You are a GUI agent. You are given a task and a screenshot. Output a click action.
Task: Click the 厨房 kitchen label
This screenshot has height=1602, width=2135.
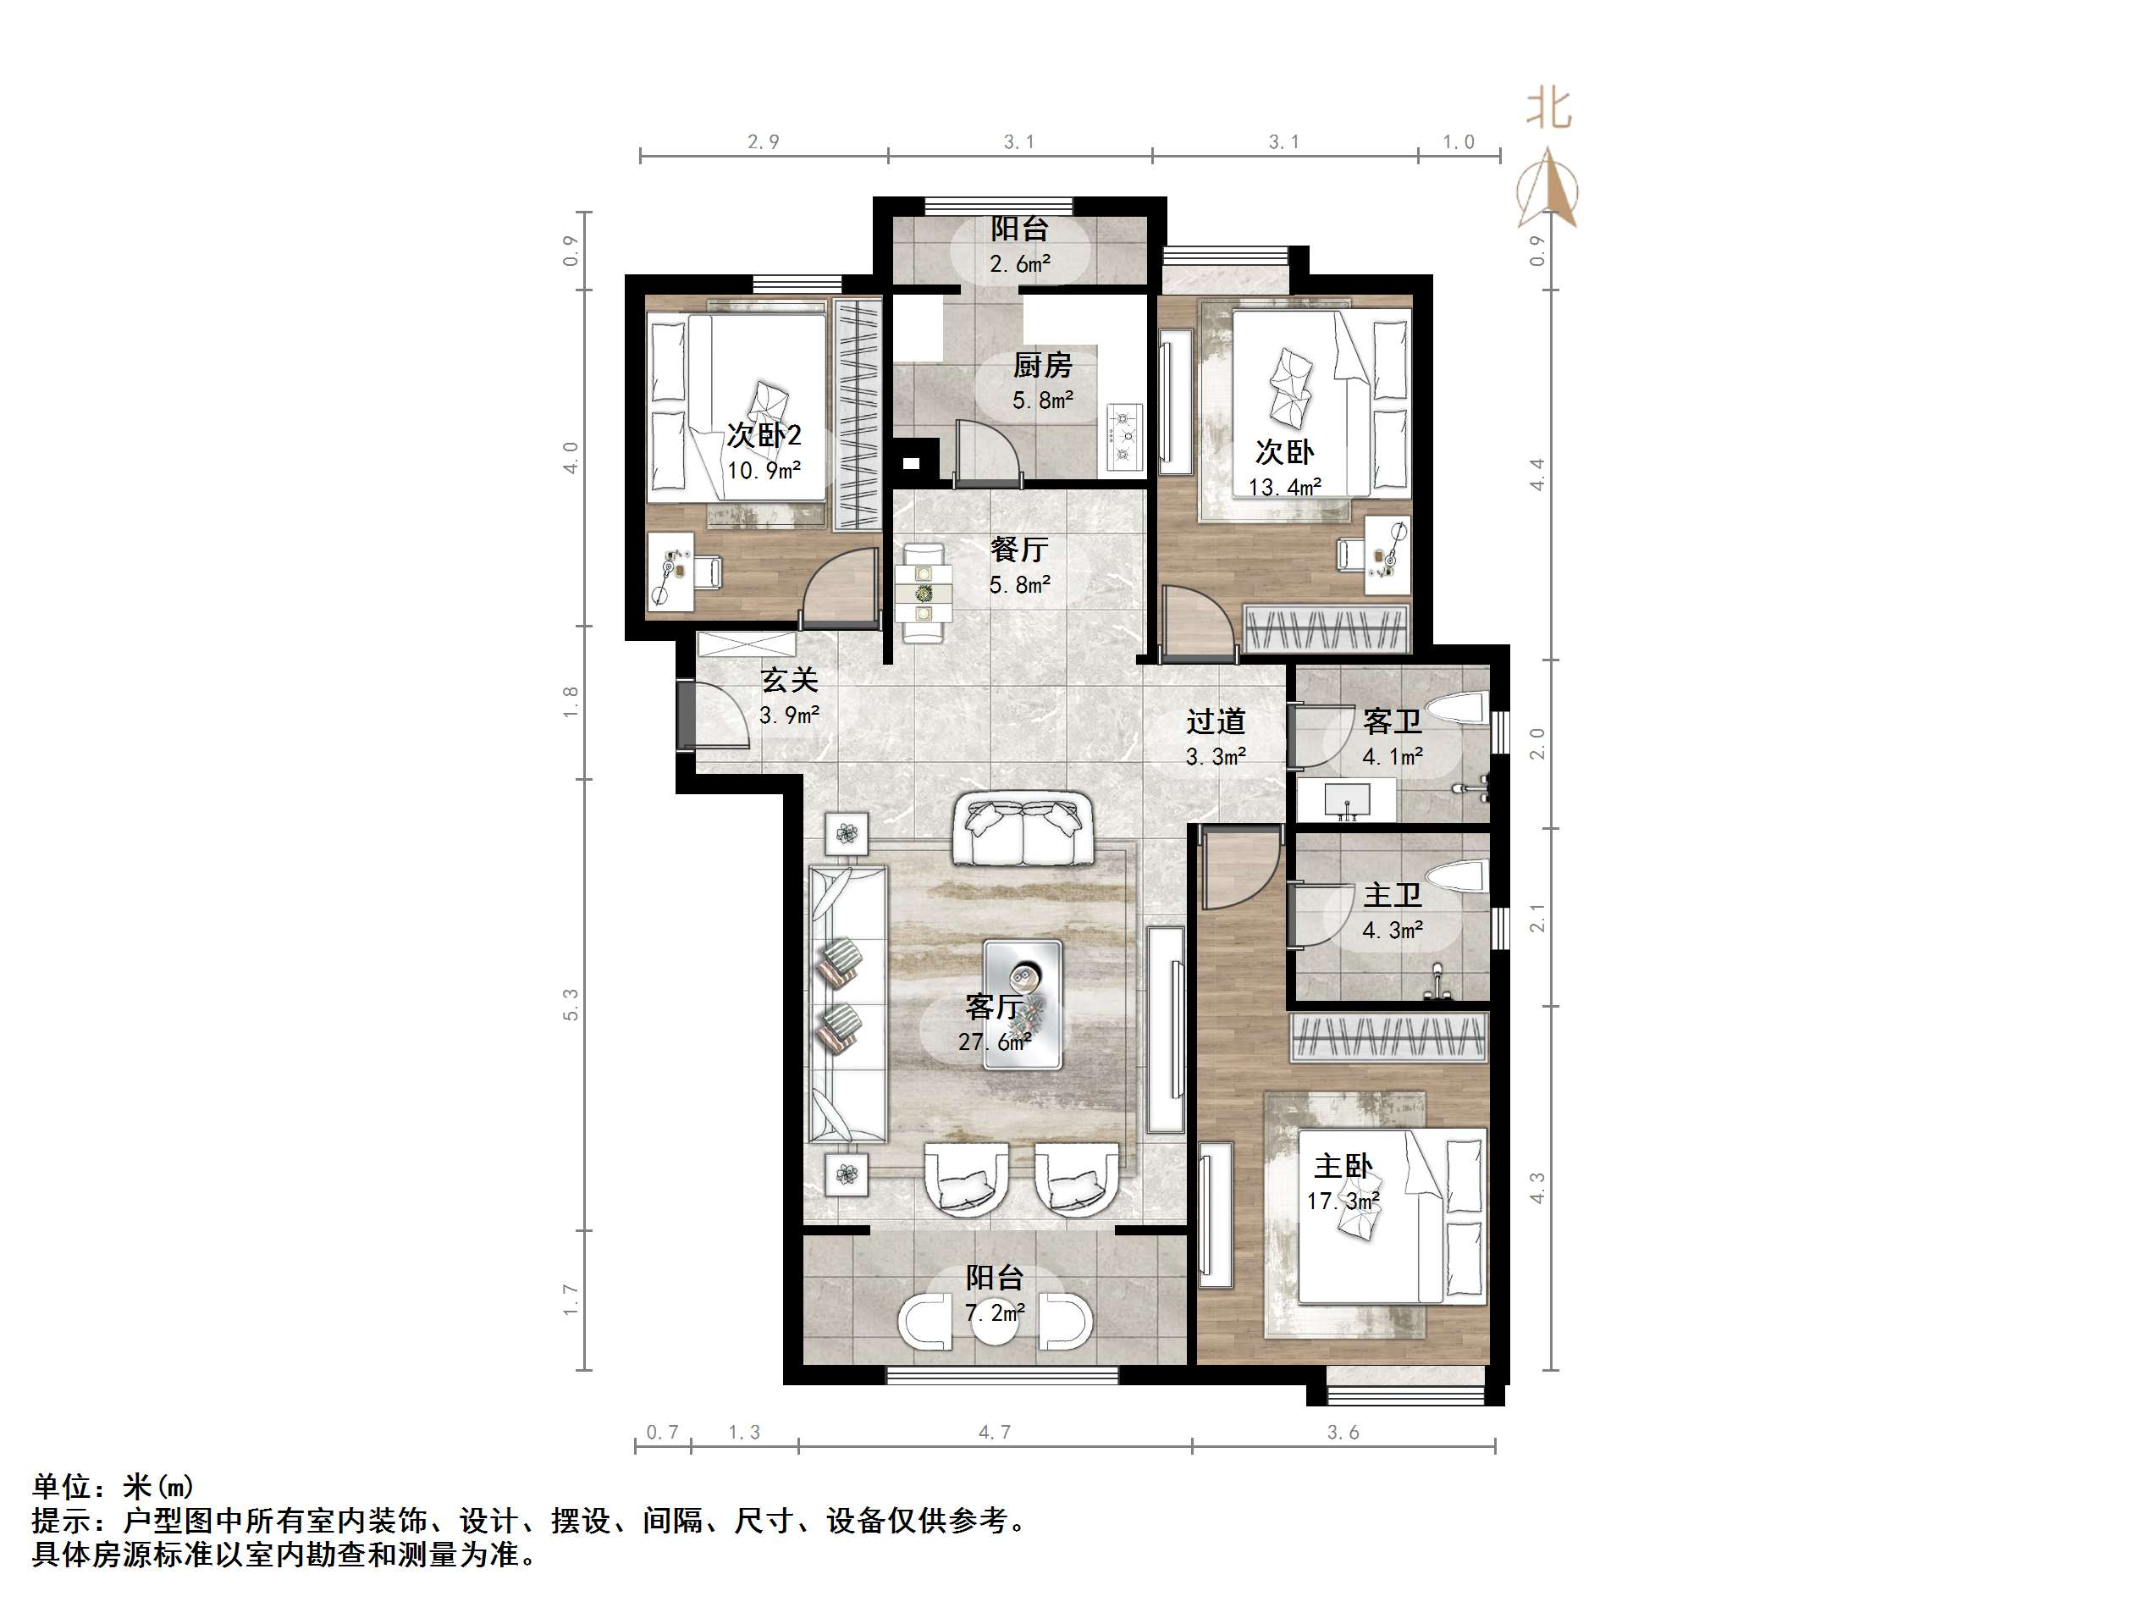pos(1042,366)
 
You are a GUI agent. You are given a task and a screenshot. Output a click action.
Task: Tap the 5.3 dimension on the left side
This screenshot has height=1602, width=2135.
pos(571,1005)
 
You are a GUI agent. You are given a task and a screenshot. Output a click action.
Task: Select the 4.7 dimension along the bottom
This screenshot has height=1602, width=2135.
pos(994,1432)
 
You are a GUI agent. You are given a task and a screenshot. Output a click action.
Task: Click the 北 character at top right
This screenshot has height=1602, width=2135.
pos(1548,108)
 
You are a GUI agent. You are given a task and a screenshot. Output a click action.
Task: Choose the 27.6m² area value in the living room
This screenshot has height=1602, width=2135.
pos(994,1042)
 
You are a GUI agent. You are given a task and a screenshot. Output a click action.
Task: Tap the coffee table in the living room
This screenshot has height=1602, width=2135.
pos(1023,1004)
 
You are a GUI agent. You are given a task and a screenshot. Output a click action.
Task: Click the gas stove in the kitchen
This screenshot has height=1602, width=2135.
pos(1123,438)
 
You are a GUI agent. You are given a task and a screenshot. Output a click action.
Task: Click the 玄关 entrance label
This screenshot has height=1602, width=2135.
pos(790,680)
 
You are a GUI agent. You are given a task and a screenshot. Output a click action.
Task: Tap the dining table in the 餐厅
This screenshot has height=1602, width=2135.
pos(924,592)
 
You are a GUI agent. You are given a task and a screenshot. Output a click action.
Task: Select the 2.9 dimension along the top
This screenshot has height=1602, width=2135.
pos(764,142)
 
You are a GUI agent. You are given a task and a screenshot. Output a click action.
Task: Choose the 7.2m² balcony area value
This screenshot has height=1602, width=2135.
pos(994,1312)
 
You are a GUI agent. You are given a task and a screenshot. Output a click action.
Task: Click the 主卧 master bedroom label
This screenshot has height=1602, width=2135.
pos(1343,1167)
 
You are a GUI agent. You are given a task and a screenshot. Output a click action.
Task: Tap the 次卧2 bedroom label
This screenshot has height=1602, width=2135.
pos(764,435)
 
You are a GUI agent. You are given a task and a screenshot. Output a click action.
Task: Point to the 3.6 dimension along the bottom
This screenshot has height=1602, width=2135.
pos(1343,1432)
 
